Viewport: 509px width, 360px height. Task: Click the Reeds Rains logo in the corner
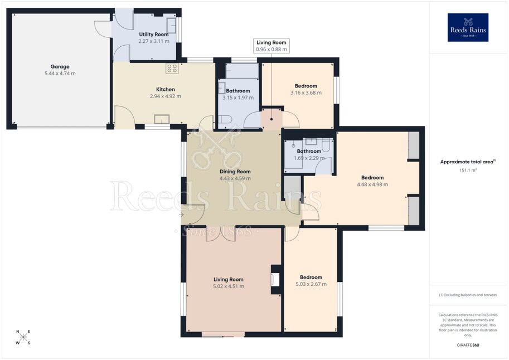(468, 27)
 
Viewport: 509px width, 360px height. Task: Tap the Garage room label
(60, 66)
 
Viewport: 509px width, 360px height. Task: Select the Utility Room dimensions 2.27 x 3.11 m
(154, 41)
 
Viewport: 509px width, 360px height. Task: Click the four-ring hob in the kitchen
(172, 69)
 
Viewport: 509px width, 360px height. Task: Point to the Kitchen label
(166, 89)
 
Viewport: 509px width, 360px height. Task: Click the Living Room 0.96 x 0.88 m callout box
(272, 46)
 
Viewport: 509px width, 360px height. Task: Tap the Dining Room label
(235, 172)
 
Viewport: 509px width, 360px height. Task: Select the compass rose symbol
(23, 337)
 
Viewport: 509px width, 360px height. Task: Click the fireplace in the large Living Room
(275, 279)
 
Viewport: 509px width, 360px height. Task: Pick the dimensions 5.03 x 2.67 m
(311, 284)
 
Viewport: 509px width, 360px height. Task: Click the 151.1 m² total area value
(468, 170)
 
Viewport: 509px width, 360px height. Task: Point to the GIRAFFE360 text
(468, 345)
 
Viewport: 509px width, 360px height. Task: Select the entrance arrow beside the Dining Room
(181, 215)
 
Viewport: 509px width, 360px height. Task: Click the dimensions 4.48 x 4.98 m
(372, 184)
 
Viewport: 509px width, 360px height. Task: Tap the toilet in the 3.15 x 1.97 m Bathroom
(225, 120)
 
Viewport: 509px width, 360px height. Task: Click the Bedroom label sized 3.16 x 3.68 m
(306, 86)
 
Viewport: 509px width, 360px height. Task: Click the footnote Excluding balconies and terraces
(468, 295)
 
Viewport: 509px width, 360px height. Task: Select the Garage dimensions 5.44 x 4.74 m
(60, 74)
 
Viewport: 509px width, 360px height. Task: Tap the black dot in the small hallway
(272, 119)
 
